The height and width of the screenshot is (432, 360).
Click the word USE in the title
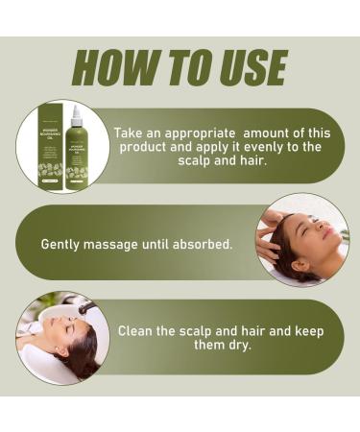coord(245,68)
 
